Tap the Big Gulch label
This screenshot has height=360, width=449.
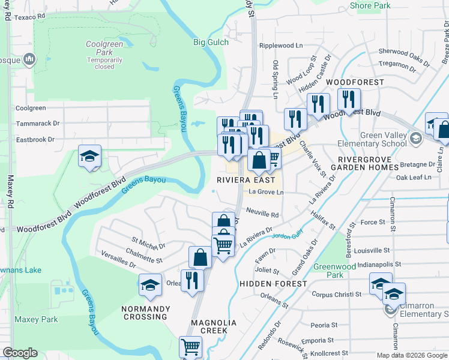tap(211, 42)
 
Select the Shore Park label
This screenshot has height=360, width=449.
tap(370, 5)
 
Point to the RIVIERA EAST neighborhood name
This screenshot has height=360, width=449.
tap(246, 180)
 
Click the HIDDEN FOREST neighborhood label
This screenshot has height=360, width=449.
tap(273, 283)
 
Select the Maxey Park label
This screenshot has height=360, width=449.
tap(37, 319)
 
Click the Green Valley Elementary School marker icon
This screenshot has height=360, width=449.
tap(415, 139)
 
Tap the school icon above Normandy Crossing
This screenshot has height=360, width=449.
tap(150, 286)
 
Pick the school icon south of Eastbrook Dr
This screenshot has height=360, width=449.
tap(89, 157)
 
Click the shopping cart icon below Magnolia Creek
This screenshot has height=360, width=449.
tap(190, 347)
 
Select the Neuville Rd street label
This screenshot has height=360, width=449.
tap(263, 214)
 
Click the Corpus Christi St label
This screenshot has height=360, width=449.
tap(336, 295)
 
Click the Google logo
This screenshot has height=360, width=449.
tap(20, 353)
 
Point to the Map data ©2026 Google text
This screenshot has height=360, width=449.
tap(412, 355)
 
